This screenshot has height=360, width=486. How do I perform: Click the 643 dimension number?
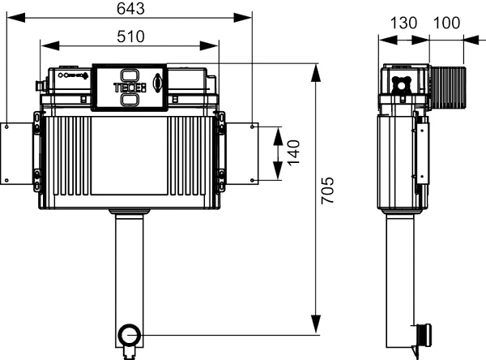tap(130, 9)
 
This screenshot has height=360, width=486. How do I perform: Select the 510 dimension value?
tap(130, 36)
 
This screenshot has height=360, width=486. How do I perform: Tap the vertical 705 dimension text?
tap(327, 191)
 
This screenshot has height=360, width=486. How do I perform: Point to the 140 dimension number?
tap(294, 152)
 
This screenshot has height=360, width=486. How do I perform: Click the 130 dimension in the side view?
tap(403, 23)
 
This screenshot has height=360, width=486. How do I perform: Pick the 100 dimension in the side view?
tap(446, 23)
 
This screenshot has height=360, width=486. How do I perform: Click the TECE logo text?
tap(130, 88)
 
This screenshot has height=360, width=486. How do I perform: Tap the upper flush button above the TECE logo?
tap(130, 75)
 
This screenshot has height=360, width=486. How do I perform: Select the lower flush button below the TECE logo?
tap(130, 99)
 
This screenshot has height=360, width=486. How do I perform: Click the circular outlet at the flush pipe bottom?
tap(130, 335)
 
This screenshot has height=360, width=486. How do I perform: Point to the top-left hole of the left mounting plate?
tap(6, 126)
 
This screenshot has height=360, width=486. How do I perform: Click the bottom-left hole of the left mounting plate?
tap(6, 180)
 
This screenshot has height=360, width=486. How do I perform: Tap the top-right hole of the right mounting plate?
tap(252, 126)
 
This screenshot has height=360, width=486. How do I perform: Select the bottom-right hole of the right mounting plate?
tap(252, 180)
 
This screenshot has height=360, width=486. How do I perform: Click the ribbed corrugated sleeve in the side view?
tap(448, 88)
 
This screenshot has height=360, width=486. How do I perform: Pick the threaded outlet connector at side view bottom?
tap(424, 336)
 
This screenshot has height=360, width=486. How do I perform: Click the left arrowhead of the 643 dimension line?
tap(16, 17)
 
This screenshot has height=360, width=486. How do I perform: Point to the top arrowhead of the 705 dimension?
tap(316, 73)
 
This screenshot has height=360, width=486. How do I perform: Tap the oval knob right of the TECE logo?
tap(157, 84)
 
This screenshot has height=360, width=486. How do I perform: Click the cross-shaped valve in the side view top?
tap(402, 84)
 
